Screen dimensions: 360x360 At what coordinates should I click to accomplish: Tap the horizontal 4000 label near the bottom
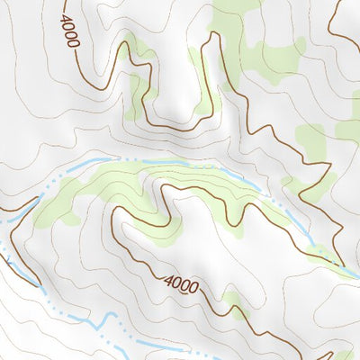181,284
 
